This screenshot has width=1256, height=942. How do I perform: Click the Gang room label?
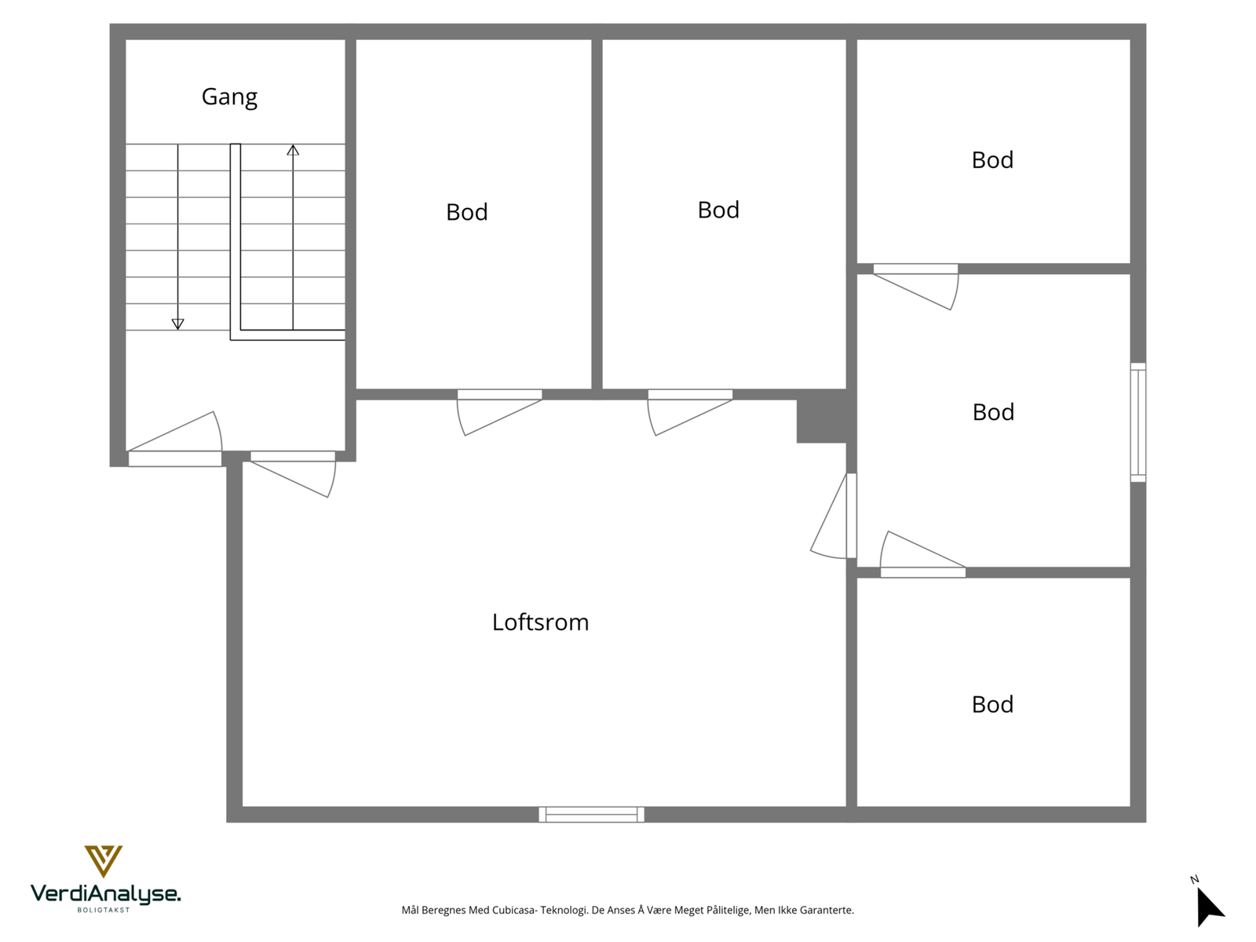click(x=229, y=97)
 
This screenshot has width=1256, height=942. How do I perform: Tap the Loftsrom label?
click(x=540, y=623)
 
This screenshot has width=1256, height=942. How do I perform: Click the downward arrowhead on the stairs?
click(x=177, y=323)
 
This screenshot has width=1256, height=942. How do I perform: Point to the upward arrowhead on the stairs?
click(x=293, y=150)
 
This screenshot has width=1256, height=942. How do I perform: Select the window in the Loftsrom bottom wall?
click(x=591, y=814)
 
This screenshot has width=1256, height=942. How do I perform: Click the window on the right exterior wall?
click(x=1137, y=422)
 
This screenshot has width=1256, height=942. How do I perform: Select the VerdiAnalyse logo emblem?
click(x=104, y=860)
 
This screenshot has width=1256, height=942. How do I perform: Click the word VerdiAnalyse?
click(x=105, y=893)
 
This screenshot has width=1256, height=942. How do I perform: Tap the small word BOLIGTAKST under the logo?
click(x=104, y=910)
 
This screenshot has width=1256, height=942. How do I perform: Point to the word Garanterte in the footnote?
click(x=827, y=911)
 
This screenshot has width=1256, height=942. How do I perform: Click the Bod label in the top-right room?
click(x=992, y=160)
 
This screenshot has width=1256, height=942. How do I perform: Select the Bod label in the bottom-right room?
click(x=992, y=705)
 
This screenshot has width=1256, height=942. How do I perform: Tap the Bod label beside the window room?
click(x=993, y=412)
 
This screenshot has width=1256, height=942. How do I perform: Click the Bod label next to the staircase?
click(x=466, y=212)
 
